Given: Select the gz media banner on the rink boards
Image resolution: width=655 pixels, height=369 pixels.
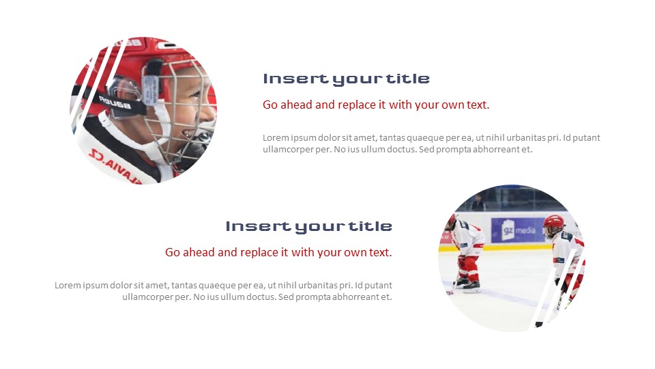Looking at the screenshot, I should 514,230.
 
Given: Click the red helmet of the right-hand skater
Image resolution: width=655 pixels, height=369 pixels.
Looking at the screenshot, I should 553,222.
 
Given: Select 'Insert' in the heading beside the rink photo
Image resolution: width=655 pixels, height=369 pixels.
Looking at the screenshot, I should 249,226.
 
